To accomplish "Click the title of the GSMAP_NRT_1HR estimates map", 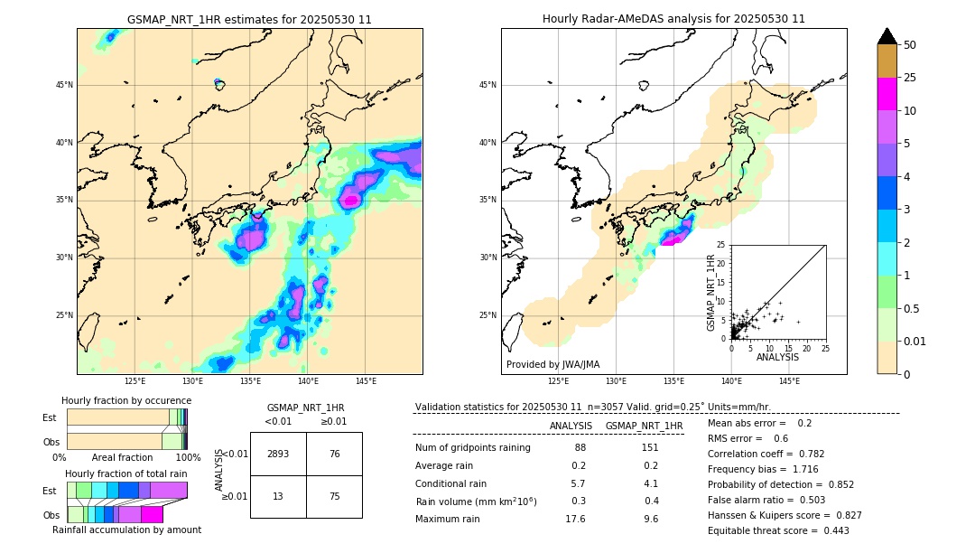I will pyautogui.click(x=249, y=19).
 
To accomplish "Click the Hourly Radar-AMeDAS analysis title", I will pyautogui.click(x=673, y=19).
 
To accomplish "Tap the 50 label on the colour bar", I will pyautogui.click(x=910, y=45).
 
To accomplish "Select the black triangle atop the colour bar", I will pyautogui.click(x=887, y=36).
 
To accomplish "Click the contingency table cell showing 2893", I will pyautogui.click(x=278, y=455).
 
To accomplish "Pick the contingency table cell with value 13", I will pyautogui.click(x=278, y=496).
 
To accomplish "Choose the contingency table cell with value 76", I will pyautogui.click(x=334, y=455).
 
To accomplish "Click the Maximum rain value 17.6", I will pyautogui.click(x=575, y=519).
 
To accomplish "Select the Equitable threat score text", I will pyautogui.click(x=778, y=530).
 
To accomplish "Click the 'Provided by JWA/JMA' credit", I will pyautogui.click(x=552, y=364).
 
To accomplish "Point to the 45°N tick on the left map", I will pyautogui.click(x=64, y=85).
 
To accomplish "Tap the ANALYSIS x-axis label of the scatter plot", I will pyautogui.click(x=777, y=357).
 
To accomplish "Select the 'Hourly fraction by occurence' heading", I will pyautogui.click(x=126, y=400).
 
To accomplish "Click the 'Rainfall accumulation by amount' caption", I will pyautogui.click(x=126, y=530).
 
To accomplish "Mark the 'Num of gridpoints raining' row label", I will pyautogui.click(x=473, y=448).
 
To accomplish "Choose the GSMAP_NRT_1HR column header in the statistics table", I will pyautogui.click(x=644, y=426).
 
